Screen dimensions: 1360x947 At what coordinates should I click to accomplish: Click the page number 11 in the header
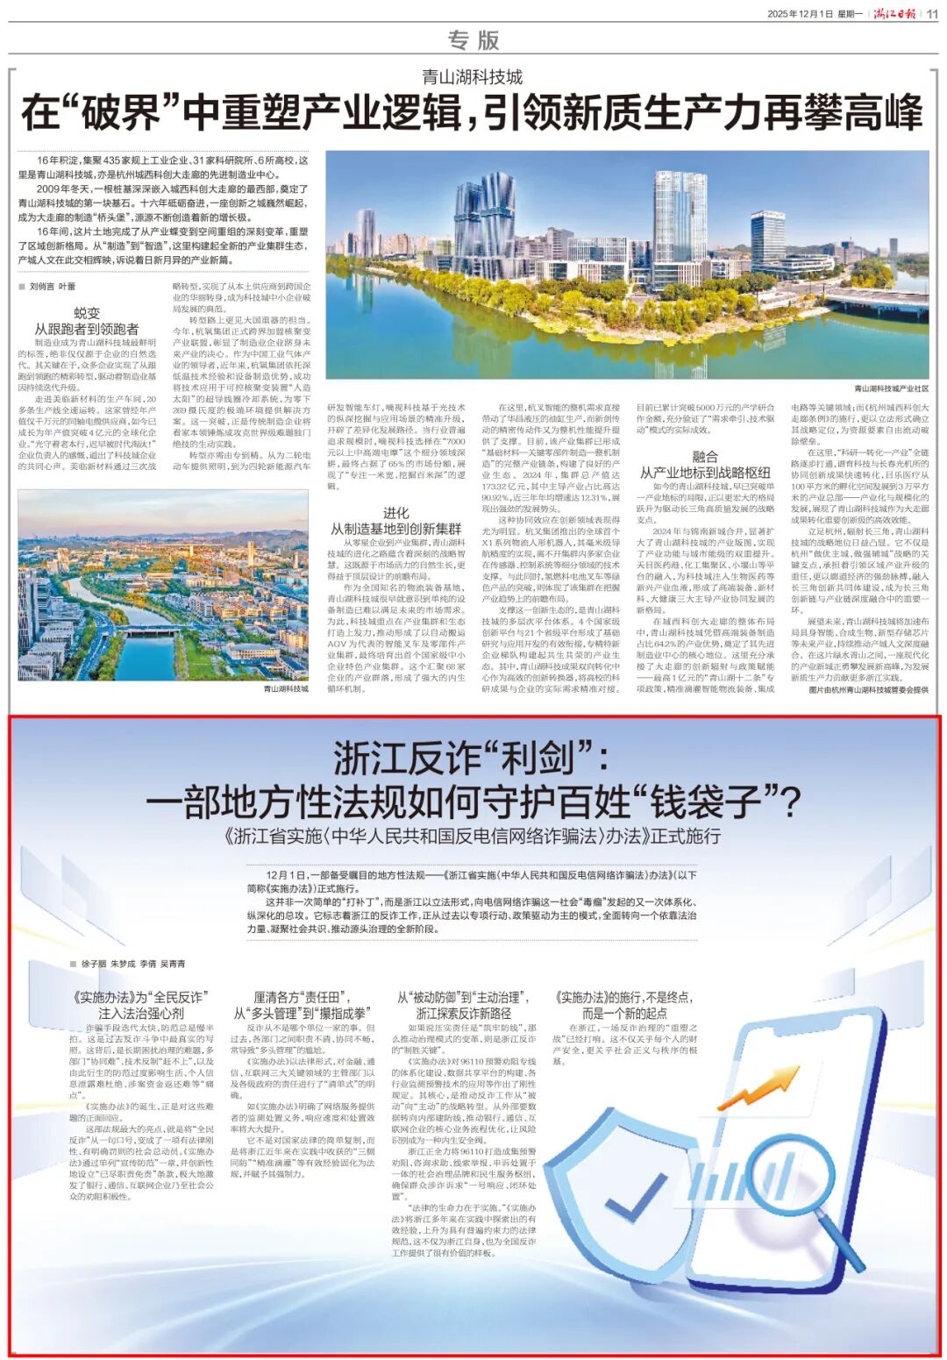[x=931, y=13]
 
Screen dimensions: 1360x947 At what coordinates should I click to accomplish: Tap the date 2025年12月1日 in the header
[x=800, y=14]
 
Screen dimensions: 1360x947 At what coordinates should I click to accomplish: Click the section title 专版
[x=473, y=40]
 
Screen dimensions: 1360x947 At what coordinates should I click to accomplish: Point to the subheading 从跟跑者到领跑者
[x=87, y=329]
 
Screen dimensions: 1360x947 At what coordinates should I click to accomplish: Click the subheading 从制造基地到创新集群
[x=395, y=529]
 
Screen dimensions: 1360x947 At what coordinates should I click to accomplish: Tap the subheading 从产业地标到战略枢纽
[x=705, y=472]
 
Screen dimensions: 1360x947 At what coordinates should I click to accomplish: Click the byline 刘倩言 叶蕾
[x=53, y=287]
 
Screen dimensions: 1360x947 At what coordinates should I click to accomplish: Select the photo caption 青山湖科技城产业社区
[x=891, y=388]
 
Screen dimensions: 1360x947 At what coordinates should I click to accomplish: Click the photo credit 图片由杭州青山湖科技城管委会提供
[x=868, y=690]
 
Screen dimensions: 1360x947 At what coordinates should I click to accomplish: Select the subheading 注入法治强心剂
[x=140, y=1013]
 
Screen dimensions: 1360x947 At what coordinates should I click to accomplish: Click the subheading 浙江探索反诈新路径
[x=463, y=1013]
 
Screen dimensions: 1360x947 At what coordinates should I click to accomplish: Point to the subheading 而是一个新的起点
[x=624, y=1013]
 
